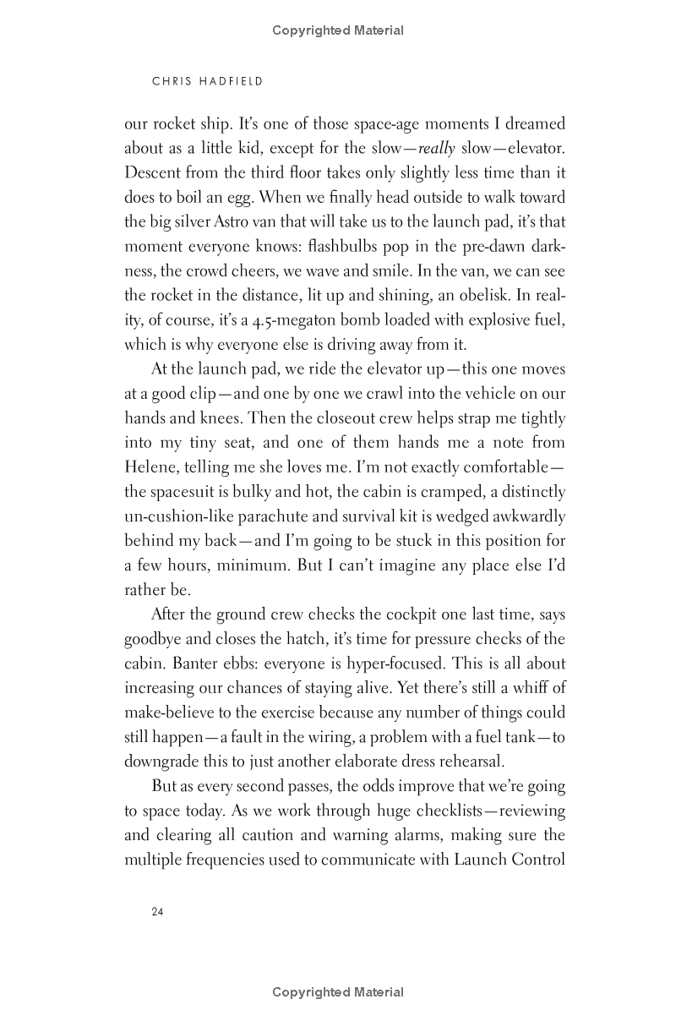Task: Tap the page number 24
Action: [x=157, y=912]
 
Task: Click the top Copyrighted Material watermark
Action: [x=338, y=30]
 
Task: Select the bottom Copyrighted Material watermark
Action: [x=338, y=992]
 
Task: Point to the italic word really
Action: [x=437, y=150]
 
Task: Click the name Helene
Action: [x=149, y=468]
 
